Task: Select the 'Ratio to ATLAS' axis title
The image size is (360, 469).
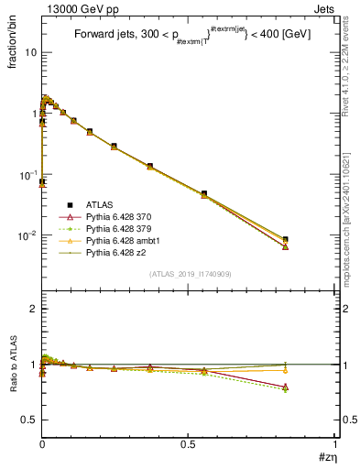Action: coord(11,365)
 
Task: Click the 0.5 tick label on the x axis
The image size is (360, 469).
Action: coord(189,443)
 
